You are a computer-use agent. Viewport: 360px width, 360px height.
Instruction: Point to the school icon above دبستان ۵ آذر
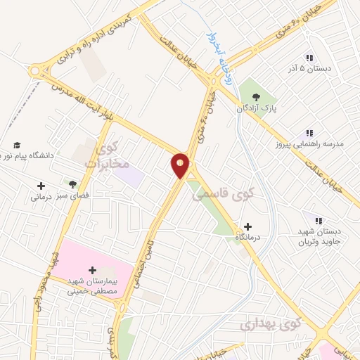point(309,58)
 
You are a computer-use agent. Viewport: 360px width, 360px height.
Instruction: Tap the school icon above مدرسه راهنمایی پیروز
point(309,132)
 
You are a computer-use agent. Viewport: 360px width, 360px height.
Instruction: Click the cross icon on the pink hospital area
point(92,270)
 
